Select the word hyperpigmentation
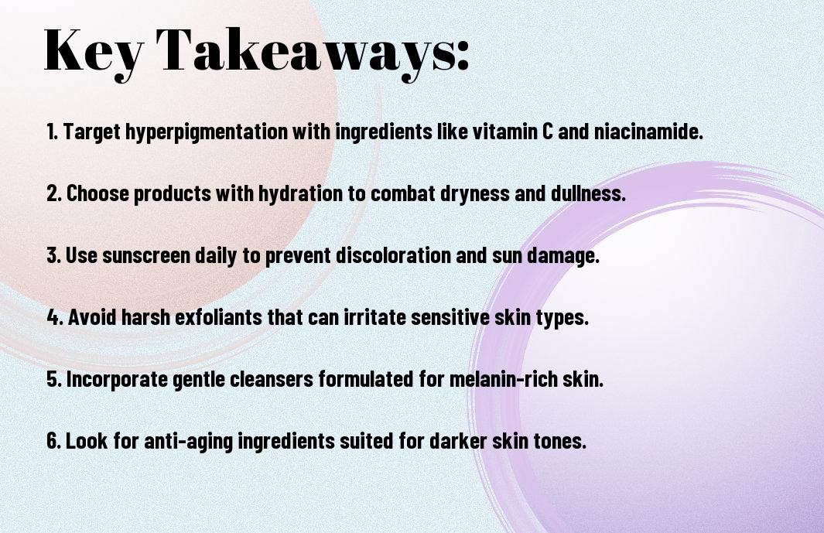(207, 132)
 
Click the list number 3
(54, 255)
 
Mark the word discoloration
(393, 255)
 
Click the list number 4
(55, 317)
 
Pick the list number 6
(54, 440)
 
